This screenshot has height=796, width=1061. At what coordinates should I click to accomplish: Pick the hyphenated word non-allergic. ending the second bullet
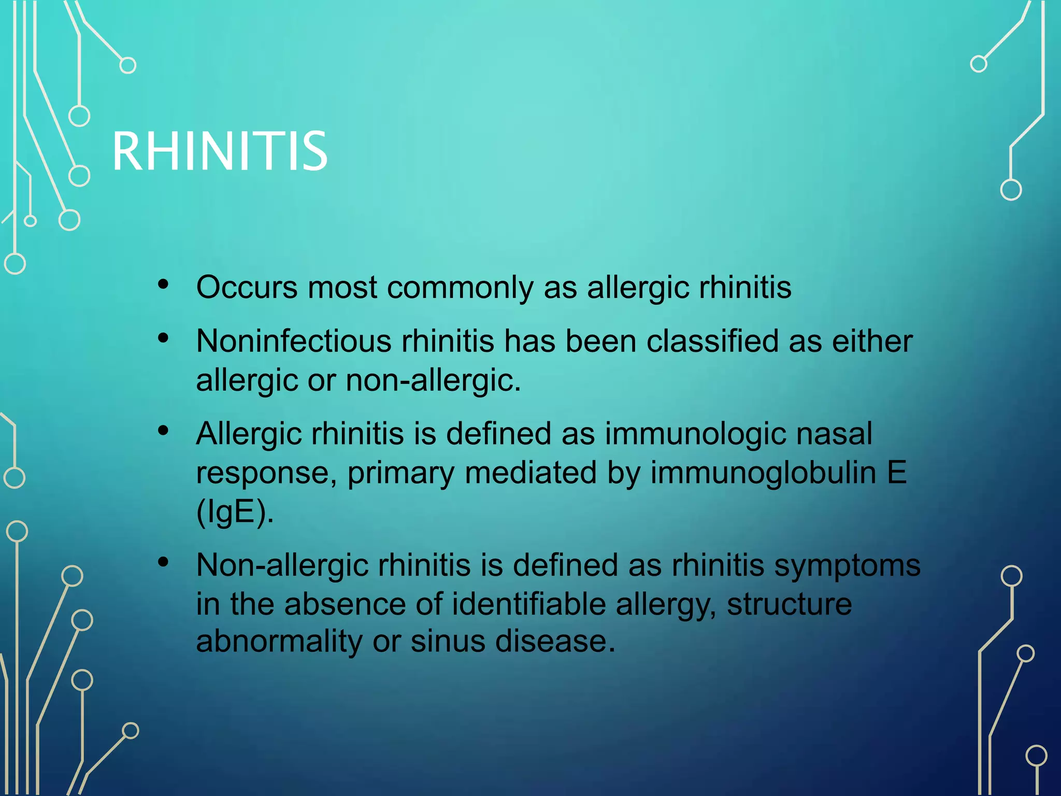(433, 380)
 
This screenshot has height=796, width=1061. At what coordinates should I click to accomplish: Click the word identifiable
(528, 604)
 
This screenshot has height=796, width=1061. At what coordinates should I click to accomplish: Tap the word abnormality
(279, 642)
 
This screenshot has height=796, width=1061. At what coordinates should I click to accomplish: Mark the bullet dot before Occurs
(164, 284)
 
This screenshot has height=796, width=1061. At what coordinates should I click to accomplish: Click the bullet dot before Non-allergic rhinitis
(164, 562)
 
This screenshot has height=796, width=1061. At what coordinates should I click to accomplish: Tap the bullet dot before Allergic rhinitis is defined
(164, 431)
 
